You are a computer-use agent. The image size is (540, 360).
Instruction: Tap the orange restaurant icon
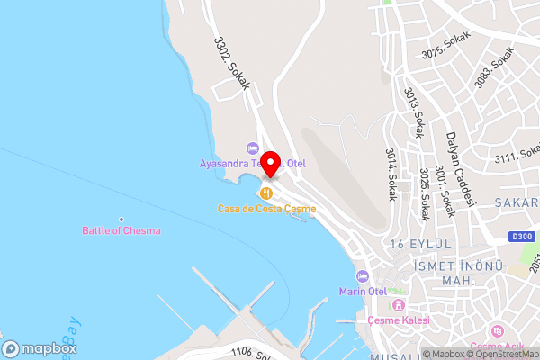(x=266, y=193)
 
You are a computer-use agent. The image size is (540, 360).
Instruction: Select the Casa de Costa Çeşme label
(x=266, y=209)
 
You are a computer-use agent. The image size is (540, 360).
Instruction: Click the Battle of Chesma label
(x=121, y=230)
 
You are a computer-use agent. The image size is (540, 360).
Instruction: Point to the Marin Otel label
(x=362, y=291)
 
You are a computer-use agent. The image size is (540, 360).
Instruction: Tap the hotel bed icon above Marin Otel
(x=362, y=275)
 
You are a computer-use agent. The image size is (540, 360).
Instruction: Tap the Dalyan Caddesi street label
(x=459, y=168)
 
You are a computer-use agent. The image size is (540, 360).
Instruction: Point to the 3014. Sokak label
(x=391, y=175)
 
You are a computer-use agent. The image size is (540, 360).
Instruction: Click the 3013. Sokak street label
(x=413, y=112)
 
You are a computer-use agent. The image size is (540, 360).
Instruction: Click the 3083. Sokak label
(x=498, y=64)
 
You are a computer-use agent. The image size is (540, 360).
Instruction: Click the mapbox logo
(x=39, y=348)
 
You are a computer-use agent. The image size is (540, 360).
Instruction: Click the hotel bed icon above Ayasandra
(x=253, y=148)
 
